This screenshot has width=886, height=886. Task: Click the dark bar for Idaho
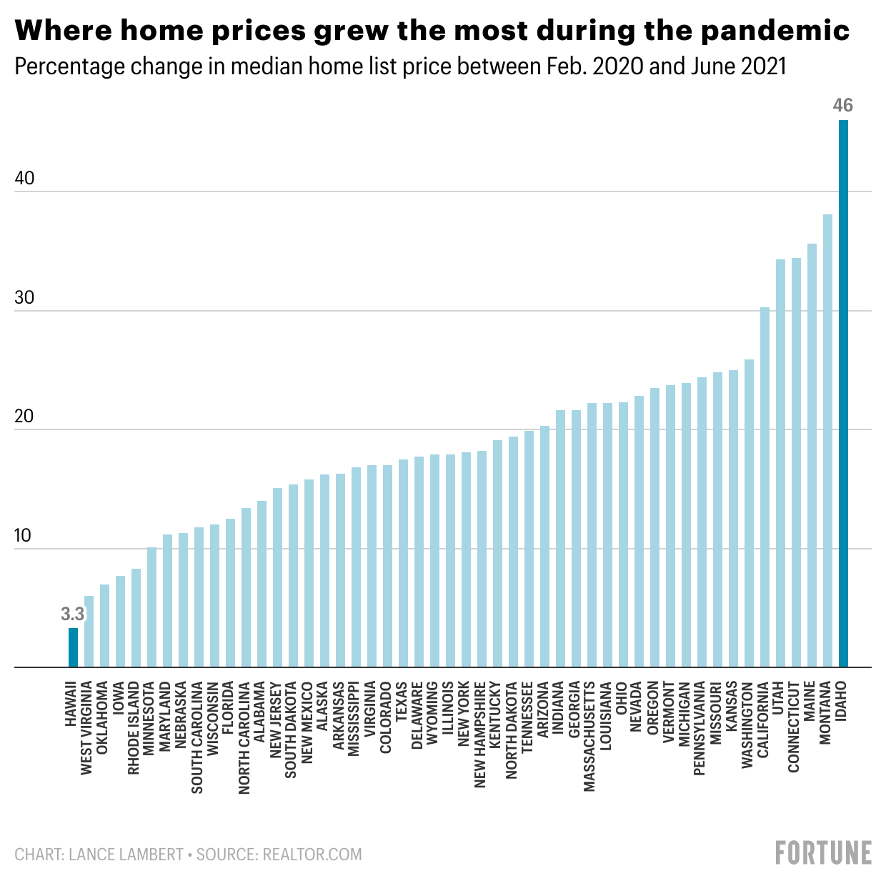tap(843, 393)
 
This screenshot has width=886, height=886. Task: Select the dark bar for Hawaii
tap(73, 647)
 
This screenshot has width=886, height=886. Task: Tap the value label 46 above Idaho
tap(843, 106)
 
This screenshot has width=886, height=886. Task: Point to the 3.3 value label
tap(72, 614)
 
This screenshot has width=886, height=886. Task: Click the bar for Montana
tap(827, 440)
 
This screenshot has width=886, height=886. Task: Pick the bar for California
tap(765, 487)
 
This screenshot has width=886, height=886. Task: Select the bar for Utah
tap(780, 463)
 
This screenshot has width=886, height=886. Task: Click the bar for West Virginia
tap(89, 632)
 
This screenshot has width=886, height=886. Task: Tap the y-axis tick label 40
tap(24, 179)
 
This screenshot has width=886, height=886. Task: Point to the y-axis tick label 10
tap(24, 536)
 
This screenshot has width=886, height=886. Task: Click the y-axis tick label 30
tap(24, 298)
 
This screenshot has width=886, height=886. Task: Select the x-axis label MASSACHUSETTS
tap(589, 736)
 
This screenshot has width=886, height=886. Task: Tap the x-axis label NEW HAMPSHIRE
tap(480, 734)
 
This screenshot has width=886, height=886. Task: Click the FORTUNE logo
tap(823, 853)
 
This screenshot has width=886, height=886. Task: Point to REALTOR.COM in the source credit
tap(312, 855)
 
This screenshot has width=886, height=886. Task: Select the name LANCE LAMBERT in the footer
tap(126, 855)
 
